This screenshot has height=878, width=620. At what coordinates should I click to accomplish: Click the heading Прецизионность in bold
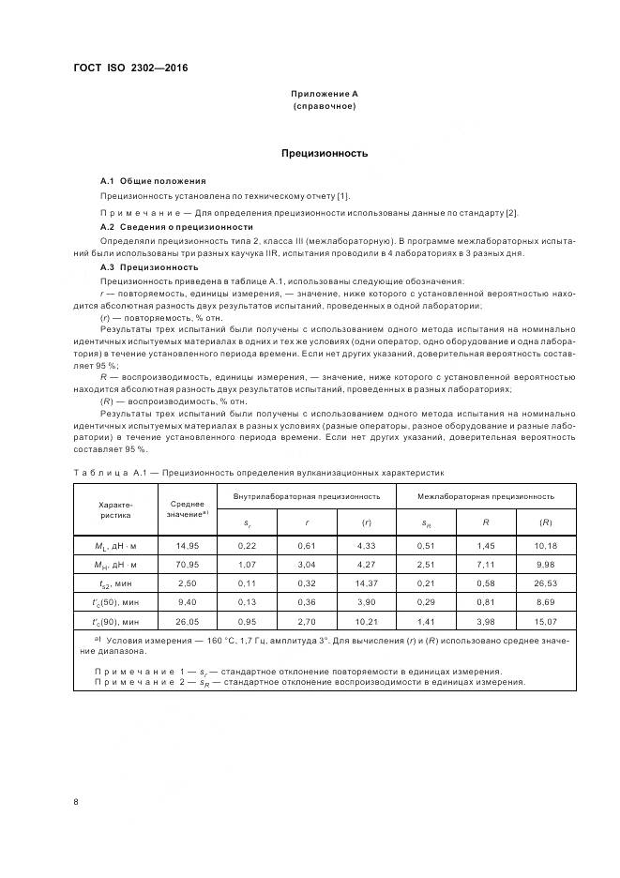325,153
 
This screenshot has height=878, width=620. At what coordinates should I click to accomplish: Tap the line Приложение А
325,94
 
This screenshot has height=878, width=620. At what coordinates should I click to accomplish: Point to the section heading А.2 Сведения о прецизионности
176,227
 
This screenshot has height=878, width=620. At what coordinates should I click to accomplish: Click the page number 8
76,802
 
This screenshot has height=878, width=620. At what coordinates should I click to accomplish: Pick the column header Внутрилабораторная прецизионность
299,495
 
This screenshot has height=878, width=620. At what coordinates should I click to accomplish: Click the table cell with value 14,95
188,545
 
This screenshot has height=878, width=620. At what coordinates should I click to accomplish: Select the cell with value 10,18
545,545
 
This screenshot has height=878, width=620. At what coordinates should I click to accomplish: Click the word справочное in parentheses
325,106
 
